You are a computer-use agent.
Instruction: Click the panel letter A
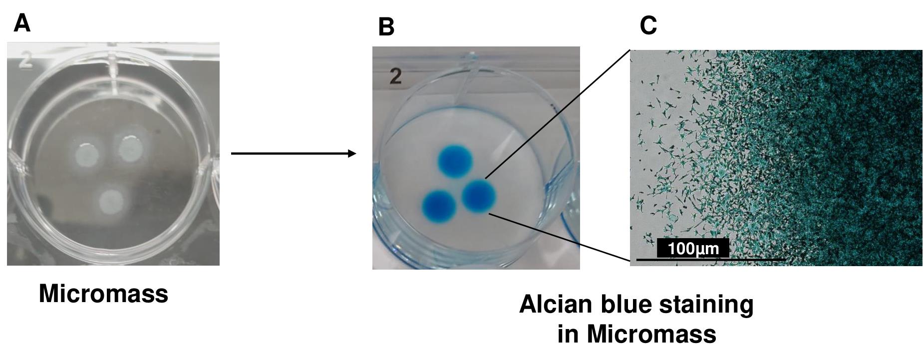22,23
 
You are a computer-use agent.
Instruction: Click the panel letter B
386,27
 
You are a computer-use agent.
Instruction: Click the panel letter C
648,25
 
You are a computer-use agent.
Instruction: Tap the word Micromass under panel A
103,294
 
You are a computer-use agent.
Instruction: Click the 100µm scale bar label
693,248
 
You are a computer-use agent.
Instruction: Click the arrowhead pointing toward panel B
352,153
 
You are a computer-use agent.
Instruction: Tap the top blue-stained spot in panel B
455,161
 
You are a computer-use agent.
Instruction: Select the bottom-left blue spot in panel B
439,205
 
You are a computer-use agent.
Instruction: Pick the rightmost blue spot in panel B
479,195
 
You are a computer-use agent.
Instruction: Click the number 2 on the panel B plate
395,77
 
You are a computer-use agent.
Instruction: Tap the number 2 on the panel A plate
26,60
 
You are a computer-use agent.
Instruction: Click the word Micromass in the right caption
637,334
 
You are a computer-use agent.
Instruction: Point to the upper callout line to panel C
558,114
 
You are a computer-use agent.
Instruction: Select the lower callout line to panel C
560,237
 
